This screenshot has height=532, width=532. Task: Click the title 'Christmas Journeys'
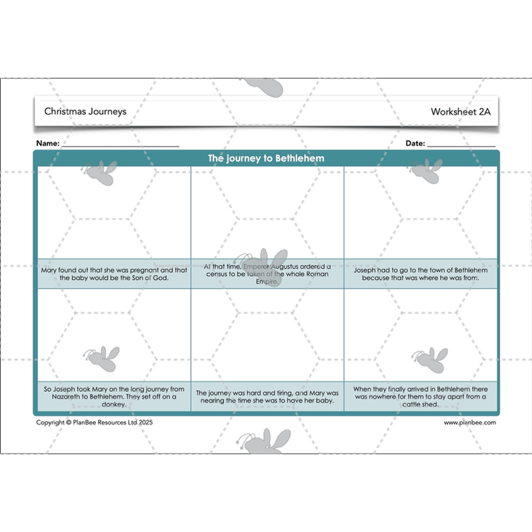pyautogui.click(x=85, y=112)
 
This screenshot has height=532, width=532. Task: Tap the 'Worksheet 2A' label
pyautogui.click(x=460, y=112)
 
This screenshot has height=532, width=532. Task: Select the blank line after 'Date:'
pyautogui.click(x=461, y=144)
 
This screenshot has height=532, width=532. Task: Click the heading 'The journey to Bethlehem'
pyautogui.click(x=266, y=159)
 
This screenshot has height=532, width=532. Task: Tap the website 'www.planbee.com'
pyautogui.click(x=469, y=422)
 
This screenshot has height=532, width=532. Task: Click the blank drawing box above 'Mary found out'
pyautogui.click(x=113, y=212)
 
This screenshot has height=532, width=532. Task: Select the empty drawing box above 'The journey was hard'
pyautogui.click(x=267, y=337)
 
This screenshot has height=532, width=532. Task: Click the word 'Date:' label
pyautogui.click(x=415, y=143)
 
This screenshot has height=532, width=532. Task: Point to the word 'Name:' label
pyautogui.click(x=48, y=143)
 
